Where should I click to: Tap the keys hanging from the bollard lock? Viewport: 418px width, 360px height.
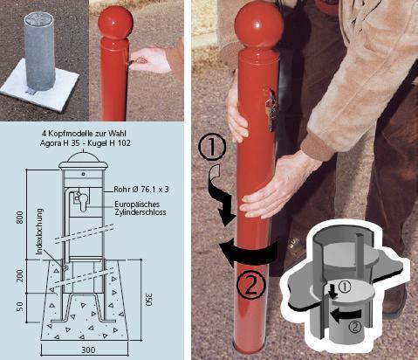[x=272, y=111]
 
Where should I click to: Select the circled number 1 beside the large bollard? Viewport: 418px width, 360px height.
[x=212, y=148]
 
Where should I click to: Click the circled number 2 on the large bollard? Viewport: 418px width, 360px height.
[x=250, y=285]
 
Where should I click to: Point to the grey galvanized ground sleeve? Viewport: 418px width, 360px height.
[x=39, y=51]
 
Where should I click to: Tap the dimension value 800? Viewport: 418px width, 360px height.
[x=20, y=218]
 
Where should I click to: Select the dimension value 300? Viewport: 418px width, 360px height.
[x=88, y=350]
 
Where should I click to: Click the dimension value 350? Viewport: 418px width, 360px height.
[x=148, y=300]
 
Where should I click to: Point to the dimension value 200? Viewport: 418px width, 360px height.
[x=20, y=275]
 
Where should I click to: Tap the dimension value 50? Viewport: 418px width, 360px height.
[x=20, y=307]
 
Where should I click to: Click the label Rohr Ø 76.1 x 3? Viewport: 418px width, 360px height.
[x=141, y=190]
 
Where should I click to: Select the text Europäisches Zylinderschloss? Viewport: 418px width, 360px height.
[x=140, y=208]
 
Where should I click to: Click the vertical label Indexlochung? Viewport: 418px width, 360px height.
[x=40, y=232]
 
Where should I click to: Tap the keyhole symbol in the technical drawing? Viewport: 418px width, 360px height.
[x=83, y=202]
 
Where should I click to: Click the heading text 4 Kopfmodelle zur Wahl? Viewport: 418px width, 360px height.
[x=84, y=134]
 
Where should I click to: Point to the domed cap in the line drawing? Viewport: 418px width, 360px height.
[x=83, y=160]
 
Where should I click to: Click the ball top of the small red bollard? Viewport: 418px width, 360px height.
[x=115, y=22]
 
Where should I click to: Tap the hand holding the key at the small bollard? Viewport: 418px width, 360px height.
[x=150, y=59]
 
